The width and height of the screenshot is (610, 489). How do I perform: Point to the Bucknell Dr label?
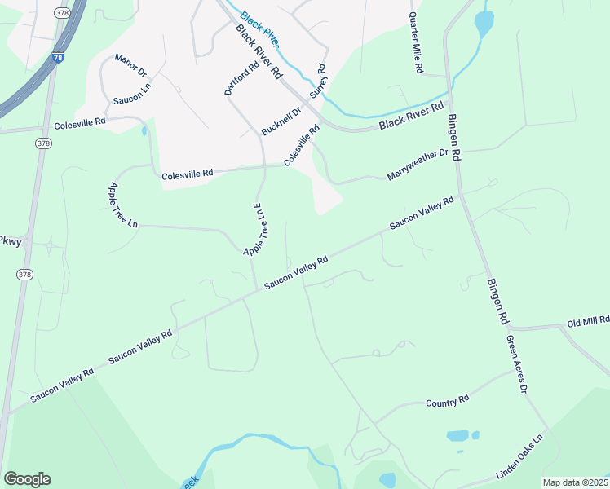click(281, 120)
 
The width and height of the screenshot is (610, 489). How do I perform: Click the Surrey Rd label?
click(317, 81)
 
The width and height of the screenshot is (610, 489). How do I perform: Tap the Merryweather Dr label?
click(418, 164)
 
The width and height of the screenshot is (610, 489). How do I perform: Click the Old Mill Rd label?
click(587, 323)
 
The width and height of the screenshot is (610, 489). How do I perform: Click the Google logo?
click(27, 479)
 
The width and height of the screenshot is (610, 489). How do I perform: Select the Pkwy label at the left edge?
click(10, 241)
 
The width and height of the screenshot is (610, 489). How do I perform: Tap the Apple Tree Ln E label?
click(255, 229)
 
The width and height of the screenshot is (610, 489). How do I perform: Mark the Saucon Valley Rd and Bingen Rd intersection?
click(462, 195)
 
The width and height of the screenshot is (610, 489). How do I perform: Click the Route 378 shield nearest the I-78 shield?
click(63, 13)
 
